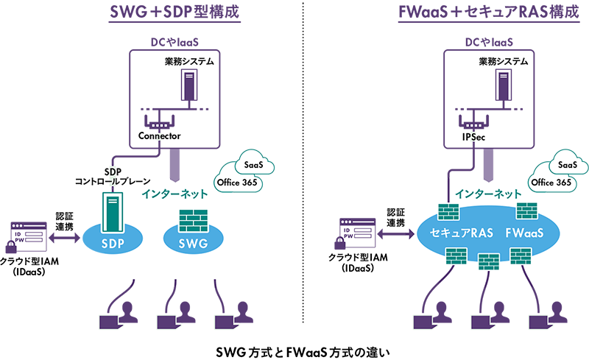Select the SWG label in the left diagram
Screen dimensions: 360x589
(192, 244)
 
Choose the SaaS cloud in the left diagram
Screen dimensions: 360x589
(255, 163)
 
